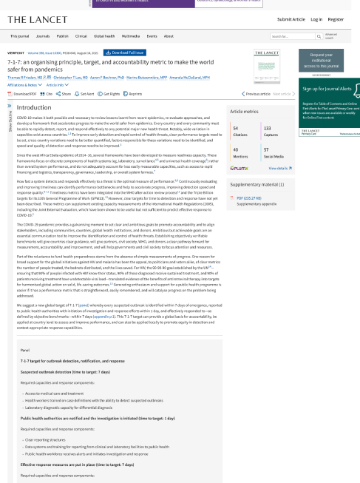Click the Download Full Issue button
point(115,53)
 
